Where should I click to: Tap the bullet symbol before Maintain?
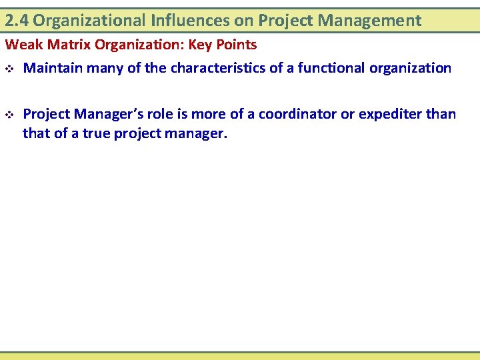[x=9, y=69]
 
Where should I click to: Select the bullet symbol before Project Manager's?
[x=9, y=115]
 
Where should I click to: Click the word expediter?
[x=389, y=114]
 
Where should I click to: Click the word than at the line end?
[x=441, y=114]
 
